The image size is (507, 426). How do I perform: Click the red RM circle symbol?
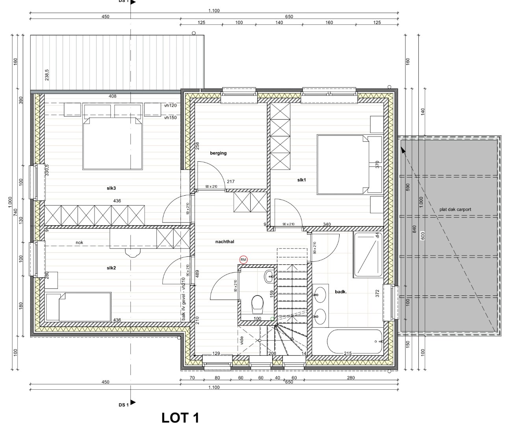click(243, 260)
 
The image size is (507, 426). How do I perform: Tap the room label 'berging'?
click(218, 153)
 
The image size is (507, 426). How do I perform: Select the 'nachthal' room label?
click(225, 242)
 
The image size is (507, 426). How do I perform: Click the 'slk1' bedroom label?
click(302, 180)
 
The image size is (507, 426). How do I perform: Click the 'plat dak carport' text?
click(455, 209)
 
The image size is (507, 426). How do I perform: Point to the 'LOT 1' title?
click(180, 418)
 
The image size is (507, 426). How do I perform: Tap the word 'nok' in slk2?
click(80, 243)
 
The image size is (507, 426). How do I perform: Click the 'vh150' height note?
click(170, 118)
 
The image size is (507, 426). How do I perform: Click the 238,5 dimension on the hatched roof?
click(47, 75)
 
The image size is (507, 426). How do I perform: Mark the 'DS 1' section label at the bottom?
click(123, 405)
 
